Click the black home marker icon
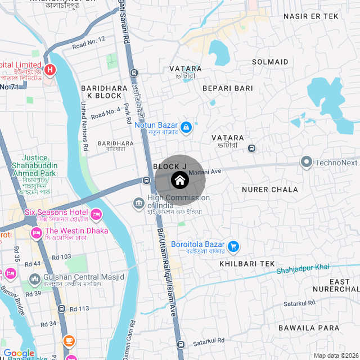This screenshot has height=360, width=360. [179, 181]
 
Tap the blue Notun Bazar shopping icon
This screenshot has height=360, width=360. [186, 128]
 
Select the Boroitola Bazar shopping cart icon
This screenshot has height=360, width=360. [233, 246]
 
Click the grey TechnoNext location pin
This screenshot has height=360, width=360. [307, 163]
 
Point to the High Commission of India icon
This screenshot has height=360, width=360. [138, 202]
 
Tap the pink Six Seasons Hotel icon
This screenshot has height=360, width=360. [96, 214]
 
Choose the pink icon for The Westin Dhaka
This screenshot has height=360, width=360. [37, 232]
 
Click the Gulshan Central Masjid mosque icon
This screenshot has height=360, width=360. [35, 278]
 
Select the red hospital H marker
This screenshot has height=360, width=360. [50, 70]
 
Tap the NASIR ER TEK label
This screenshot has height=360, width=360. [311, 16]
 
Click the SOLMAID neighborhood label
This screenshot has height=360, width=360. [270, 62]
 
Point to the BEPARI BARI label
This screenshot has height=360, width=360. [228, 88]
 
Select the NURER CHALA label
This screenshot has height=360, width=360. [269, 190]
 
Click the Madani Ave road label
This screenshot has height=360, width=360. [205, 171]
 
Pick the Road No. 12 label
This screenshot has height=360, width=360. [89, 41]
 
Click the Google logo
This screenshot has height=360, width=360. [19, 353]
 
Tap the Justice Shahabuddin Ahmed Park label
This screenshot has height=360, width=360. [34, 166]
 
